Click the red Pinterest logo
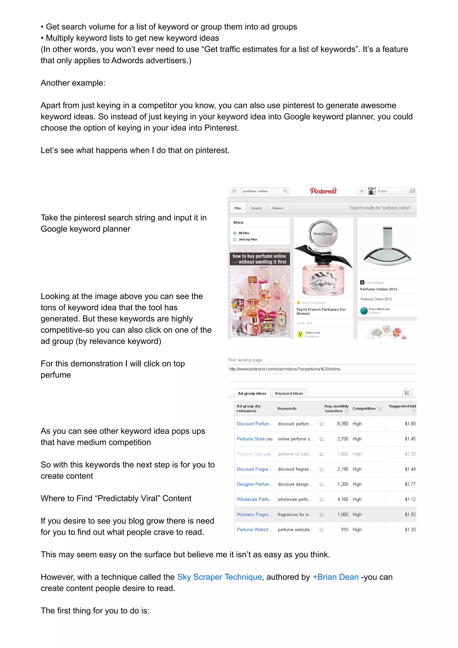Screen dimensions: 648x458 click(323, 191)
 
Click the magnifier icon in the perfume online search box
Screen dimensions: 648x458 click(285, 191)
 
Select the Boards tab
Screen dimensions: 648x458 click(257, 208)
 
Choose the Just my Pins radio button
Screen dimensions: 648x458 click(235, 240)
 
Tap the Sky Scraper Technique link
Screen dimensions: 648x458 click(220, 577)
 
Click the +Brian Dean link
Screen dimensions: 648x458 click(335, 577)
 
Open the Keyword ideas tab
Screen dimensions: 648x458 click(289, 394)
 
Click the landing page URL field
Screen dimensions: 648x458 click(322, 369)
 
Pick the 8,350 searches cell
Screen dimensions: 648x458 click(343, 424)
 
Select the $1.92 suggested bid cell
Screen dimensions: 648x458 click(410, 515)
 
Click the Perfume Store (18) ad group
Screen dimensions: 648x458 click(254, 439)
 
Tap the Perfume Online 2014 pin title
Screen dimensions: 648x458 click(378, 289)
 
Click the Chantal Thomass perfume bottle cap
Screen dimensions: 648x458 click(322, 233)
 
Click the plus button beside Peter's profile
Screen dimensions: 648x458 click(361, 191)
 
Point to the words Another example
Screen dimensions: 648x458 click(73, 83)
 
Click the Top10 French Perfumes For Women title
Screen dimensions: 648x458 click(321, 311)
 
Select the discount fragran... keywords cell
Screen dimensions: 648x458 click(295, 469)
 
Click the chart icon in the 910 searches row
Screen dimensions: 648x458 click(322, 529)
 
